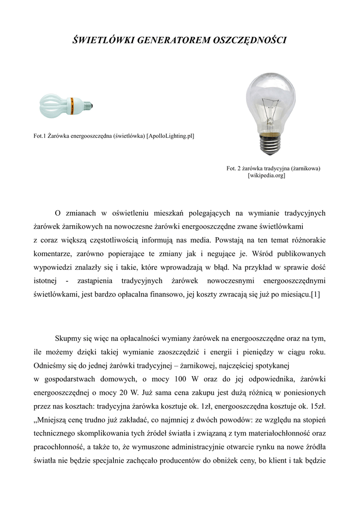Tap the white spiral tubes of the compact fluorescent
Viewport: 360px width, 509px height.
[54, 104]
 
